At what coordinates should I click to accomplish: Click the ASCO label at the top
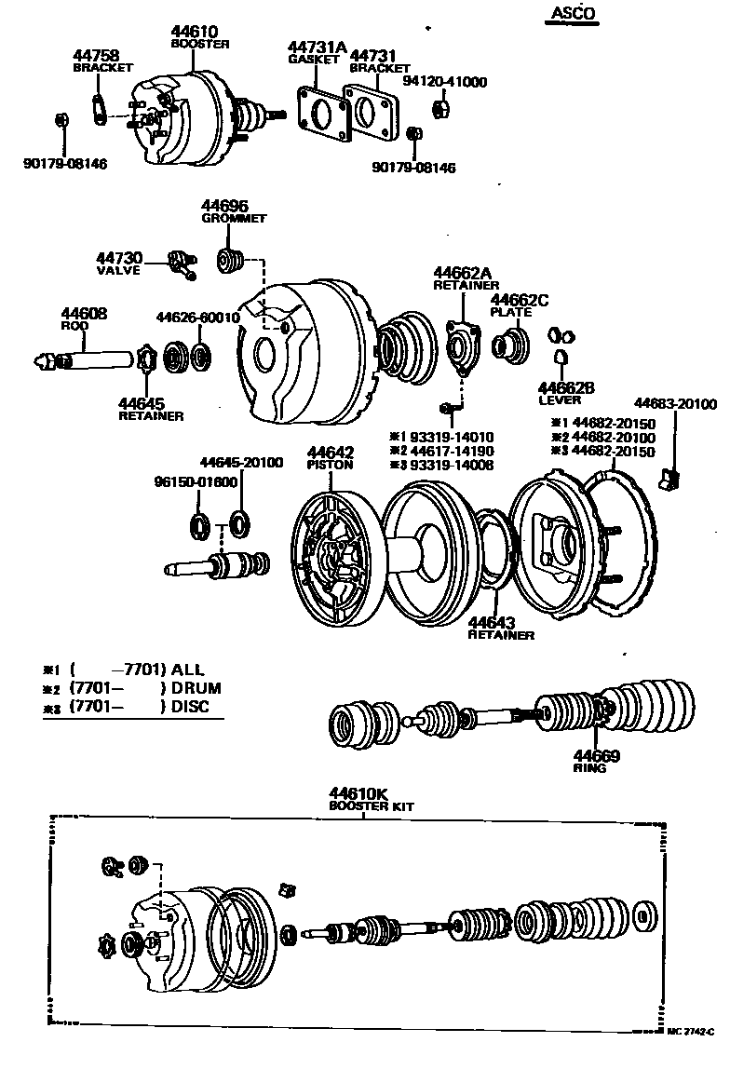569,13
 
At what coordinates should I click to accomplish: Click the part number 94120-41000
444,82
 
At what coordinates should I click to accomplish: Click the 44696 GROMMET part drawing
229,260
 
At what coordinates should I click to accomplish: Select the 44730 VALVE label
118,264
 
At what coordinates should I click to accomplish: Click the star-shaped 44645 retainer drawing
145,357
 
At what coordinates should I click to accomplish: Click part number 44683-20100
675,403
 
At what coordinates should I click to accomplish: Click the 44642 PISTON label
330,458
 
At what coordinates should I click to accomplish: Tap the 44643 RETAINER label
500,628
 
